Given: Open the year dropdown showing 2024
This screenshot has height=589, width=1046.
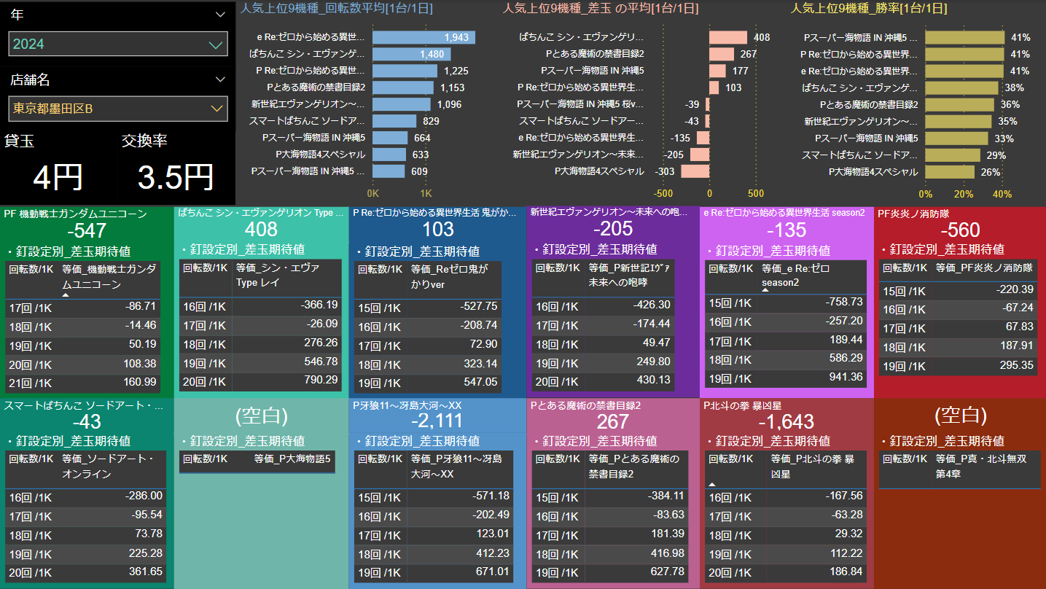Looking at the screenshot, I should [118, 44].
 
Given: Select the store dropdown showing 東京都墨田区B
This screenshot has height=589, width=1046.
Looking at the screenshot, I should [118, 109].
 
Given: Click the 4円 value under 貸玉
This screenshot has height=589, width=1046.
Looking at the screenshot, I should [58, 177].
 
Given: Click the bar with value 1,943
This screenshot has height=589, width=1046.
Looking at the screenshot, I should [424, 37].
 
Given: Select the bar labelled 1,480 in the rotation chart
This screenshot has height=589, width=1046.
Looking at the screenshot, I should [411, 54].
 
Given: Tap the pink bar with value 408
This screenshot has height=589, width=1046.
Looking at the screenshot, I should [727, 37].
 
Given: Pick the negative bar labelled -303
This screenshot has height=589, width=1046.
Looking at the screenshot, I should [695, 171].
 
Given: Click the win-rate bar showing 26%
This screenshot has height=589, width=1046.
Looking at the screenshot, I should [950, 172].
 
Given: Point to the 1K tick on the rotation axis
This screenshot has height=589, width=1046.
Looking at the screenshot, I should [426, 194].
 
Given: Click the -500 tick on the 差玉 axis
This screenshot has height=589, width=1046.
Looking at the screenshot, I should [663, 194].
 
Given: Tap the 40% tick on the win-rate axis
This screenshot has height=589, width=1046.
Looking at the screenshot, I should [1002, 194].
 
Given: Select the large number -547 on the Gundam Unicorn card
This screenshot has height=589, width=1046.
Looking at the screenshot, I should [87, 231].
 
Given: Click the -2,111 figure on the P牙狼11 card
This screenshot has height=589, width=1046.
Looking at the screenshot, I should [437, 421].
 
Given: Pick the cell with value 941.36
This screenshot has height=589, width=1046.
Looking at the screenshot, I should [845, 377].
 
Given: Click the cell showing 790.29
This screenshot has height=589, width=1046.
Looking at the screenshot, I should [321, 380].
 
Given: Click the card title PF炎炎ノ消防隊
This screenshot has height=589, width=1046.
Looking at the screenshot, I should [914, 214].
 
